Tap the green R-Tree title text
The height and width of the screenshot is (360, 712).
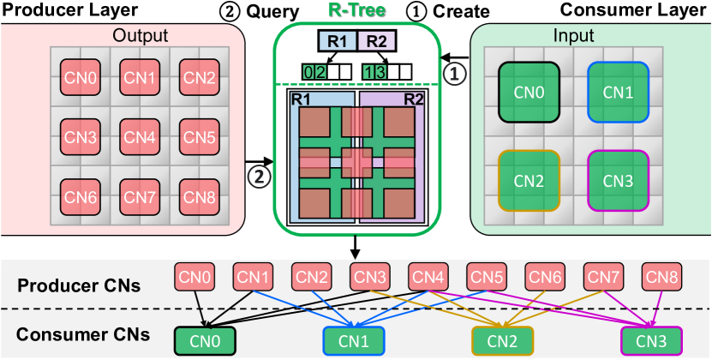(356, 12)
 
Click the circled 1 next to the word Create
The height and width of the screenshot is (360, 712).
(415, 12)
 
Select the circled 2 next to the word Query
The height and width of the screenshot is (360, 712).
(231, 12)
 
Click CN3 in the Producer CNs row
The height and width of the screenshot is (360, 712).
(372, 277)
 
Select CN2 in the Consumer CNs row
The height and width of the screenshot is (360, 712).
(503, 340)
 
